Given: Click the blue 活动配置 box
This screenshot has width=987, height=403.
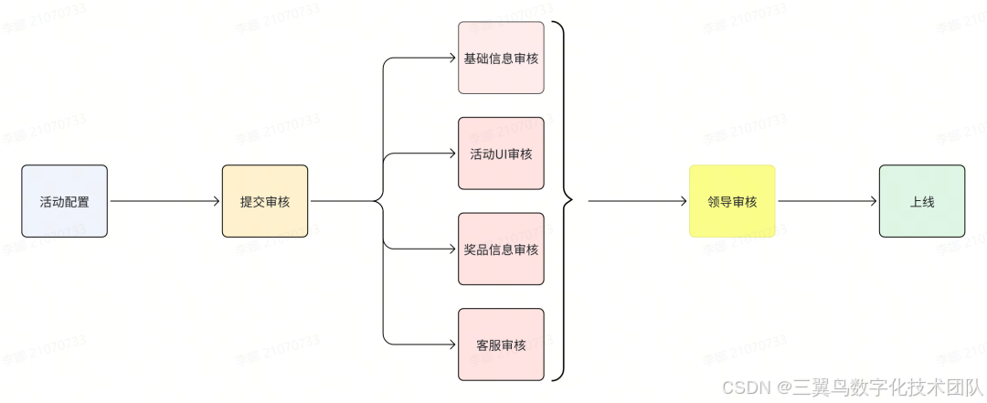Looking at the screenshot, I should point(64,201).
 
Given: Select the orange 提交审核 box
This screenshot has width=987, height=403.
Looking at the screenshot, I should point(265,201).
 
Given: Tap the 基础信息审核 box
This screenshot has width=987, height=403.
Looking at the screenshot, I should point(501,58).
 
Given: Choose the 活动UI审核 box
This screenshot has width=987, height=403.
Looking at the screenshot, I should point(501,154).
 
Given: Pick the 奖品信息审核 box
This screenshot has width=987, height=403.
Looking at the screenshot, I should point(501,249).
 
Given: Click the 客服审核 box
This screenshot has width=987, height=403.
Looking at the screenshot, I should point(501,345).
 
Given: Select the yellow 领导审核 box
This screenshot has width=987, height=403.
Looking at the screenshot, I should point(732,201).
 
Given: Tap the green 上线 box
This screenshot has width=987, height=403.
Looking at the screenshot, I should point(922,201).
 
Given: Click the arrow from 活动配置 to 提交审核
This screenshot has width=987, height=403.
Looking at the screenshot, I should point(164,201).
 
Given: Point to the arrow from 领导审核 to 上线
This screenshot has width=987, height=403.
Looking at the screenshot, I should point(827,201).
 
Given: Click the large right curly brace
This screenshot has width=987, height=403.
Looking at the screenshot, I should point(564,201).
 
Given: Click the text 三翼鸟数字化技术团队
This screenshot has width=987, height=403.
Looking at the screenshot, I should point(886,387).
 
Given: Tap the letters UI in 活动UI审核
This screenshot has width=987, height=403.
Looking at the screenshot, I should point(501,154).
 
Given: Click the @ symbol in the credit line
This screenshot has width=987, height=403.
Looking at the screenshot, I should point(784,387).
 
